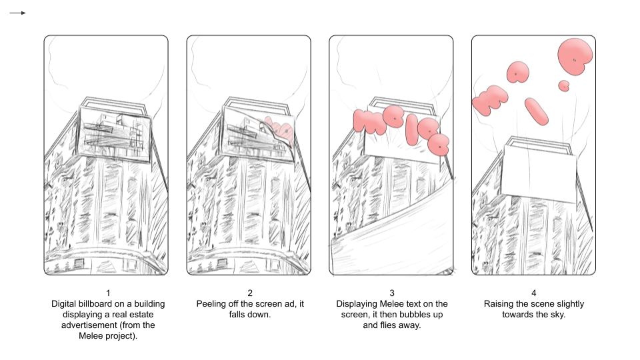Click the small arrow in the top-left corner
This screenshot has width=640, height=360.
(x=19, y=13)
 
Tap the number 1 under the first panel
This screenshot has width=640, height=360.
(x=108, y=293)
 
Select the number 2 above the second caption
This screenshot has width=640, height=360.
(x=250, y=293)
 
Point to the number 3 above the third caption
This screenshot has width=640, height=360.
(x=392, y=293)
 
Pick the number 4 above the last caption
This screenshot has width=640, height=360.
(x=533, y=293)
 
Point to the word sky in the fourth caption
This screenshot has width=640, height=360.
(x=557, y=315)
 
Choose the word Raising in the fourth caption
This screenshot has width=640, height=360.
(x=500, y=304)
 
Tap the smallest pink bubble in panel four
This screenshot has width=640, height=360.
(x=564, y=85)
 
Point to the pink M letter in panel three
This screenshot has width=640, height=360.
(x=368, y=121)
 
